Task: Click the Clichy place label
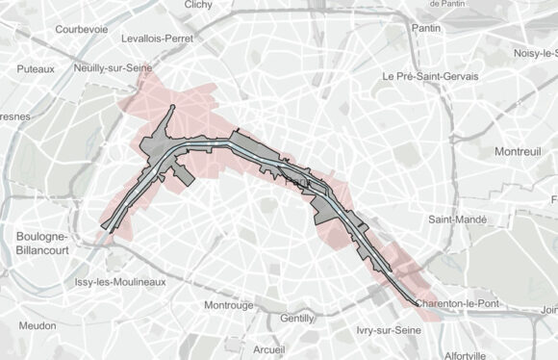197,5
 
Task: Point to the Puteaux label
36,69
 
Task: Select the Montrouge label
229,305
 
